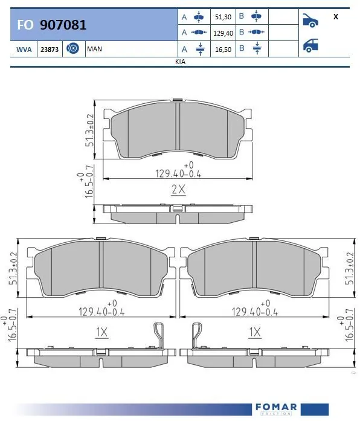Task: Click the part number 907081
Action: pos(63,25)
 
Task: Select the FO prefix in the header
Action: pos(25,25)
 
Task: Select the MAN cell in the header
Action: pos(94,49)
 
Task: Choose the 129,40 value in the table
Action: pos(222,33)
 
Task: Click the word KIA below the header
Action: pos(180,62)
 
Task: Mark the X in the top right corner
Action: pos(335,17)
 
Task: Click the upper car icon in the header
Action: pos(311,20)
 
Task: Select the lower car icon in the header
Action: pos(311,44)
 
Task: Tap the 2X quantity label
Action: pos(178,190)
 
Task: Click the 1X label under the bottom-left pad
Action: pos(101,332)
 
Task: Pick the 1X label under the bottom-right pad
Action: pos(254,332)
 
